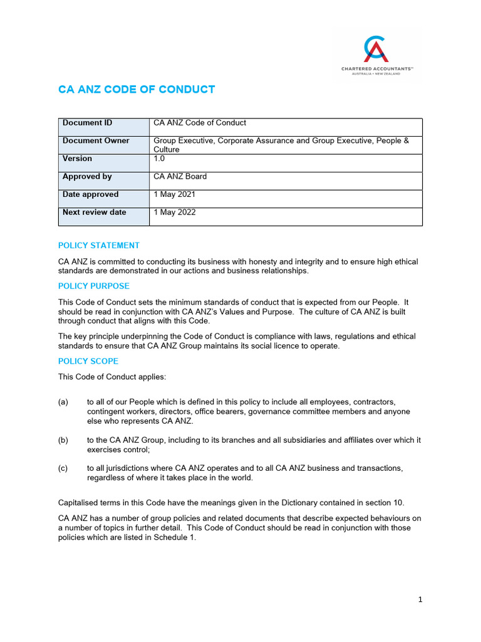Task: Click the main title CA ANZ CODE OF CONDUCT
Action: (137, 89)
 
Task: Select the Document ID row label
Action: (87, 123)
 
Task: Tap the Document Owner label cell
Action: (96, 140)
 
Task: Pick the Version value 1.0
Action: (160, 159)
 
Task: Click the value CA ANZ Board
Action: (180, 176)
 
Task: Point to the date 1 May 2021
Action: (175, 194)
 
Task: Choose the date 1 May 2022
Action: (175, 212)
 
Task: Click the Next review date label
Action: (94, 212)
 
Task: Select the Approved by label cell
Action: (87, 176)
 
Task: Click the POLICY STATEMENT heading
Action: (99, 245)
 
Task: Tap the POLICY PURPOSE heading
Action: (94, 286)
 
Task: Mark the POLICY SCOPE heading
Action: (88, 361)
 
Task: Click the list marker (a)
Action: (63, 401)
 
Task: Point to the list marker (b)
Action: (63, 440)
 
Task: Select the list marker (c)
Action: (63, 468)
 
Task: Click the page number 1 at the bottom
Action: (420, 599)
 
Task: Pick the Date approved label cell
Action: (90, 194)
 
